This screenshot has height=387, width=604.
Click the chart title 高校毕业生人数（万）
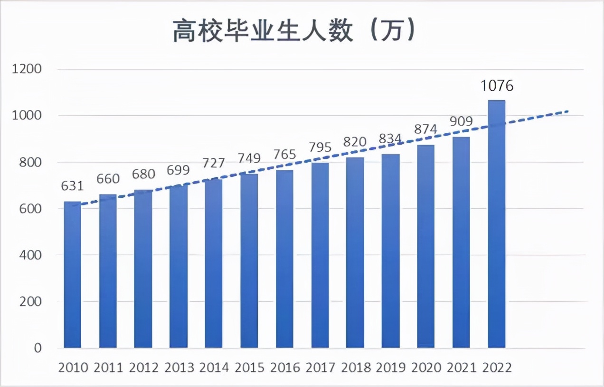click(x=294, y=32)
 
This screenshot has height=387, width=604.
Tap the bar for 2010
click(x=73, y=275)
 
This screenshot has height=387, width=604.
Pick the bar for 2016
click(x=284, y=259)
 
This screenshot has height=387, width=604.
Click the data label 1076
click(x=497, y=86)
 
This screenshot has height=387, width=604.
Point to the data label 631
click(x=73, y=186)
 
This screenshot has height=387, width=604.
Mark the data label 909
click(x=461, y=121)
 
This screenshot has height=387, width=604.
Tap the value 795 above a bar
click(x=320, y=147)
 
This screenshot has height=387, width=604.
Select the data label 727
click(x=214, y=163)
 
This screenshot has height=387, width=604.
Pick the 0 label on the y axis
click(x=38, y=348)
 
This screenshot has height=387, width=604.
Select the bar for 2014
click(x=214, y=263)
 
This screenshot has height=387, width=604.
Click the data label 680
click(x=143, y=174)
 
